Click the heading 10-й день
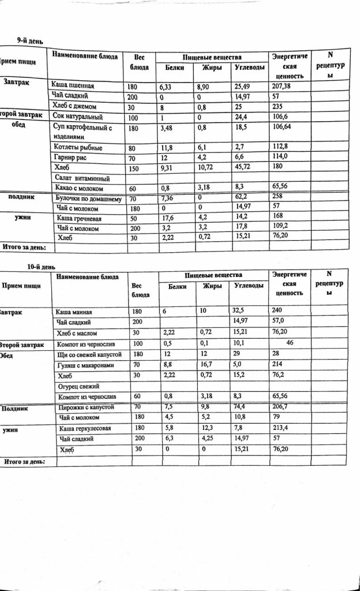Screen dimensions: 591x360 pos(42,267)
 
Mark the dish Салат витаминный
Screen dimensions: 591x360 pos(80,178)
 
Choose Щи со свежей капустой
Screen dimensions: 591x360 pos(88,353)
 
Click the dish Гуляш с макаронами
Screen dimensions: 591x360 pos(87,364)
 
